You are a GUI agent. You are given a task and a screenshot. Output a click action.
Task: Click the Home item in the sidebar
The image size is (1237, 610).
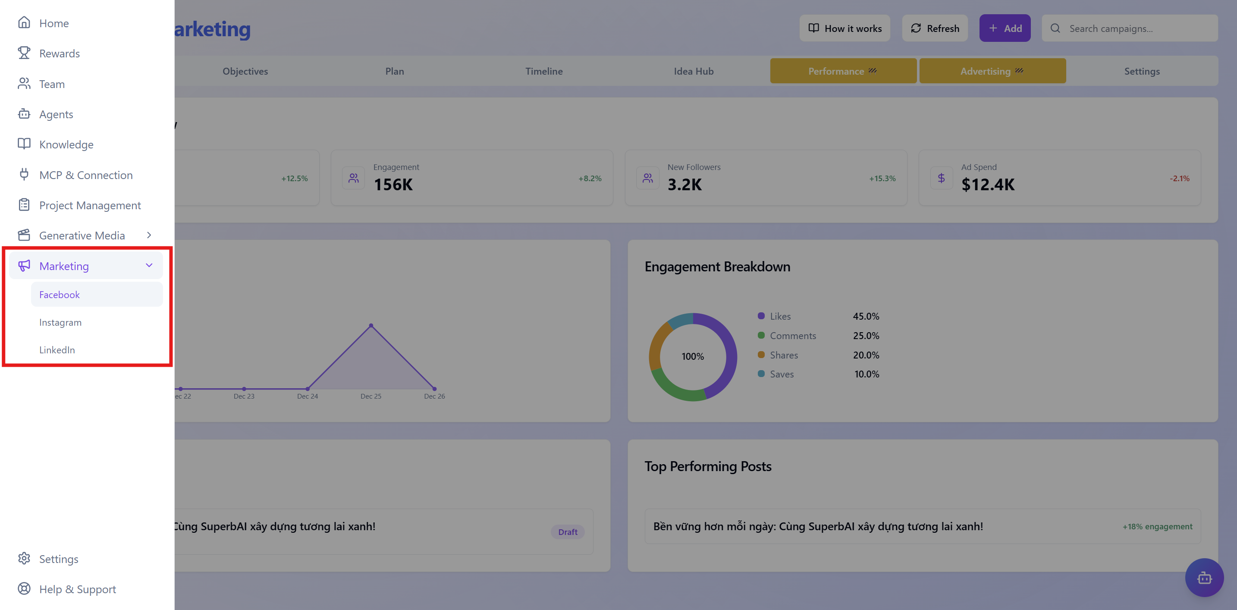tap(54, 23)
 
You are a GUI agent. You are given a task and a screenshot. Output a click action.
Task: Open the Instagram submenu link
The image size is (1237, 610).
tap(60, 322)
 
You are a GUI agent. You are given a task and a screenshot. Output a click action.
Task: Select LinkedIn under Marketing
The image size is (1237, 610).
tap(57, 350)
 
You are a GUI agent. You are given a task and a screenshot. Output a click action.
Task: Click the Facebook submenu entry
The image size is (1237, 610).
tap(60, 295)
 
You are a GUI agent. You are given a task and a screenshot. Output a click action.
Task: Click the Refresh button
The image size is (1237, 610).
tap(935, 28)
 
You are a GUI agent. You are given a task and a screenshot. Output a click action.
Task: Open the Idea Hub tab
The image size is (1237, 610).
tap(694, 71)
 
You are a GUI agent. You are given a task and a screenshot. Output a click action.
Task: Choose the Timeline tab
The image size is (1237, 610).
tap(543, 71)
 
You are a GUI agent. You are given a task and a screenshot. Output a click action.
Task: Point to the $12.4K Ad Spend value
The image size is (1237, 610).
tap(988, 185)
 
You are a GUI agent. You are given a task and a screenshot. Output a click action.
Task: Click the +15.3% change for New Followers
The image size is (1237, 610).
tap(882, 178)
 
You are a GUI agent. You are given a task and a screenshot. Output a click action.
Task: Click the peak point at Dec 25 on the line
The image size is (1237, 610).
tap(371, 326)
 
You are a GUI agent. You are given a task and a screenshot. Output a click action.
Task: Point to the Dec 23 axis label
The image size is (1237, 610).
tap(244, 396)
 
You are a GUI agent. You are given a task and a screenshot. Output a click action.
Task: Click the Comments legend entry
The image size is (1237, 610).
tap(792, 336)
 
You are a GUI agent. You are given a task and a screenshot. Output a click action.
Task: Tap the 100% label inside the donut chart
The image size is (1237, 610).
tap(692, 356)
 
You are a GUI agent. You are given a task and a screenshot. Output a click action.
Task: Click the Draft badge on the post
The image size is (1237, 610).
tap(568, 532)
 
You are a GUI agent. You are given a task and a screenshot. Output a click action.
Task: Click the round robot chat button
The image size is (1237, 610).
tap(1204, 577)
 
